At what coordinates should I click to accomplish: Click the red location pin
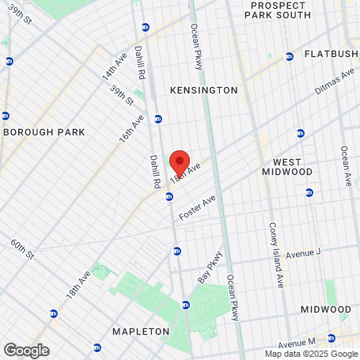[x=180, y=161]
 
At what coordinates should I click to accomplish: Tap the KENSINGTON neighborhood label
[x=203, y=90]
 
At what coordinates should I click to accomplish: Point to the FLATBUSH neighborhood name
[x=332, y=55]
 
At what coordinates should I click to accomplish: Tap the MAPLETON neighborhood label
[x=140, y=331]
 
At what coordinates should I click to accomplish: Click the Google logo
[x=26, y=350]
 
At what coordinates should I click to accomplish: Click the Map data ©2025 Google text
[x=310, y=354]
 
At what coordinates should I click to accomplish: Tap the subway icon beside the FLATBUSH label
[x=290, y=55]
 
